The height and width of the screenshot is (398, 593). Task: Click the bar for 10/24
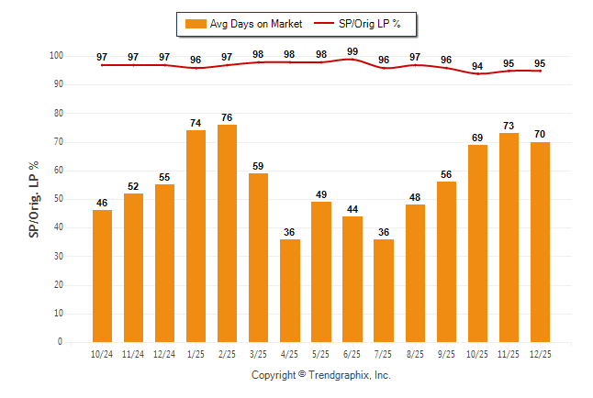pyautogui.click(x=102, y=275)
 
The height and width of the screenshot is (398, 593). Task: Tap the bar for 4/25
pyautogui.click(x=290, y=290)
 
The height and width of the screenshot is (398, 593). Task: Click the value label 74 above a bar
pyautogui.click(x=196, y=123)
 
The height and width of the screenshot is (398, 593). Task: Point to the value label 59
pyautogui.click(x=258, y=166)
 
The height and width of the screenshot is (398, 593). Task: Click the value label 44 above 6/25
pyautogui.click(x=352, y=209)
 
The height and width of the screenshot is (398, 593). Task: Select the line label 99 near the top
pyautogui.click(x=352, y=50)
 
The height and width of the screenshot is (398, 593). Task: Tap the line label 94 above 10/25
pyautogui.click(x=477, y=65)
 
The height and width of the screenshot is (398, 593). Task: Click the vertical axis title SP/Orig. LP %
pyautogui.click(x=34, y=199)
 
